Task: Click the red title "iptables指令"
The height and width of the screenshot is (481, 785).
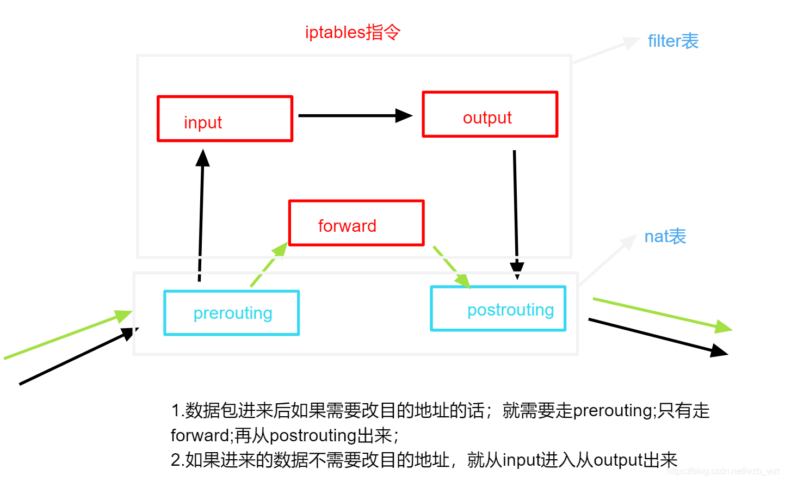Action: pyautogui.click(x=353, y=33)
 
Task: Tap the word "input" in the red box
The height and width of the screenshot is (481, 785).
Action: pyautogui.click(x=203, y=123)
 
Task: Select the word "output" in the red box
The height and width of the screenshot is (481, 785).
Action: pyautogui.click(x=487, y=118)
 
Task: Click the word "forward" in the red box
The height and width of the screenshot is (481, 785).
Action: pyautogui.click(x=347, y=226)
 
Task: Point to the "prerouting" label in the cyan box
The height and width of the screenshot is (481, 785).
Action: pyautogui.click(x=233, y=313)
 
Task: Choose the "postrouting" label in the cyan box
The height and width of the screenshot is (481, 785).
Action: pyautogui.click(x=511, y=310)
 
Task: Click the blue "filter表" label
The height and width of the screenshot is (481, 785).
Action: pyautogui.click(x=673, y=41)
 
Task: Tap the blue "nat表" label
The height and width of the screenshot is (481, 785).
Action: pyautogui.click(x=665, y=236)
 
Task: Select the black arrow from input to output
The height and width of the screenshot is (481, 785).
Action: pyautogui.click(x=355, y=115)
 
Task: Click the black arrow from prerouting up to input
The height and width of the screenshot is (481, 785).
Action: pyautogui.click(x=201, y=215)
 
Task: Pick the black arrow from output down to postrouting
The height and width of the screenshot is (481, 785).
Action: pyautogui.click(x=516, y=214)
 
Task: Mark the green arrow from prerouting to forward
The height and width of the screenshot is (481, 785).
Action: pyautogui.click(x=269, y=264)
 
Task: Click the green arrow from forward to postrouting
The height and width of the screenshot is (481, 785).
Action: pyautogui.click(x=452, y=267)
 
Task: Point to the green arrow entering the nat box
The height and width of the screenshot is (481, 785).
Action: pyautogui.click(x=68, y=335)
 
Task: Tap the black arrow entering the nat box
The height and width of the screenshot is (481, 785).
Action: pyautogui.click(x=79, y=356)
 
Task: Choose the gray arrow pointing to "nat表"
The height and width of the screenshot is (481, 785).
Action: pyautogui.click(x=607, y=260)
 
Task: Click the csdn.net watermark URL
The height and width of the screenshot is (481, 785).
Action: pyautogui.click(x=725, y=472)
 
